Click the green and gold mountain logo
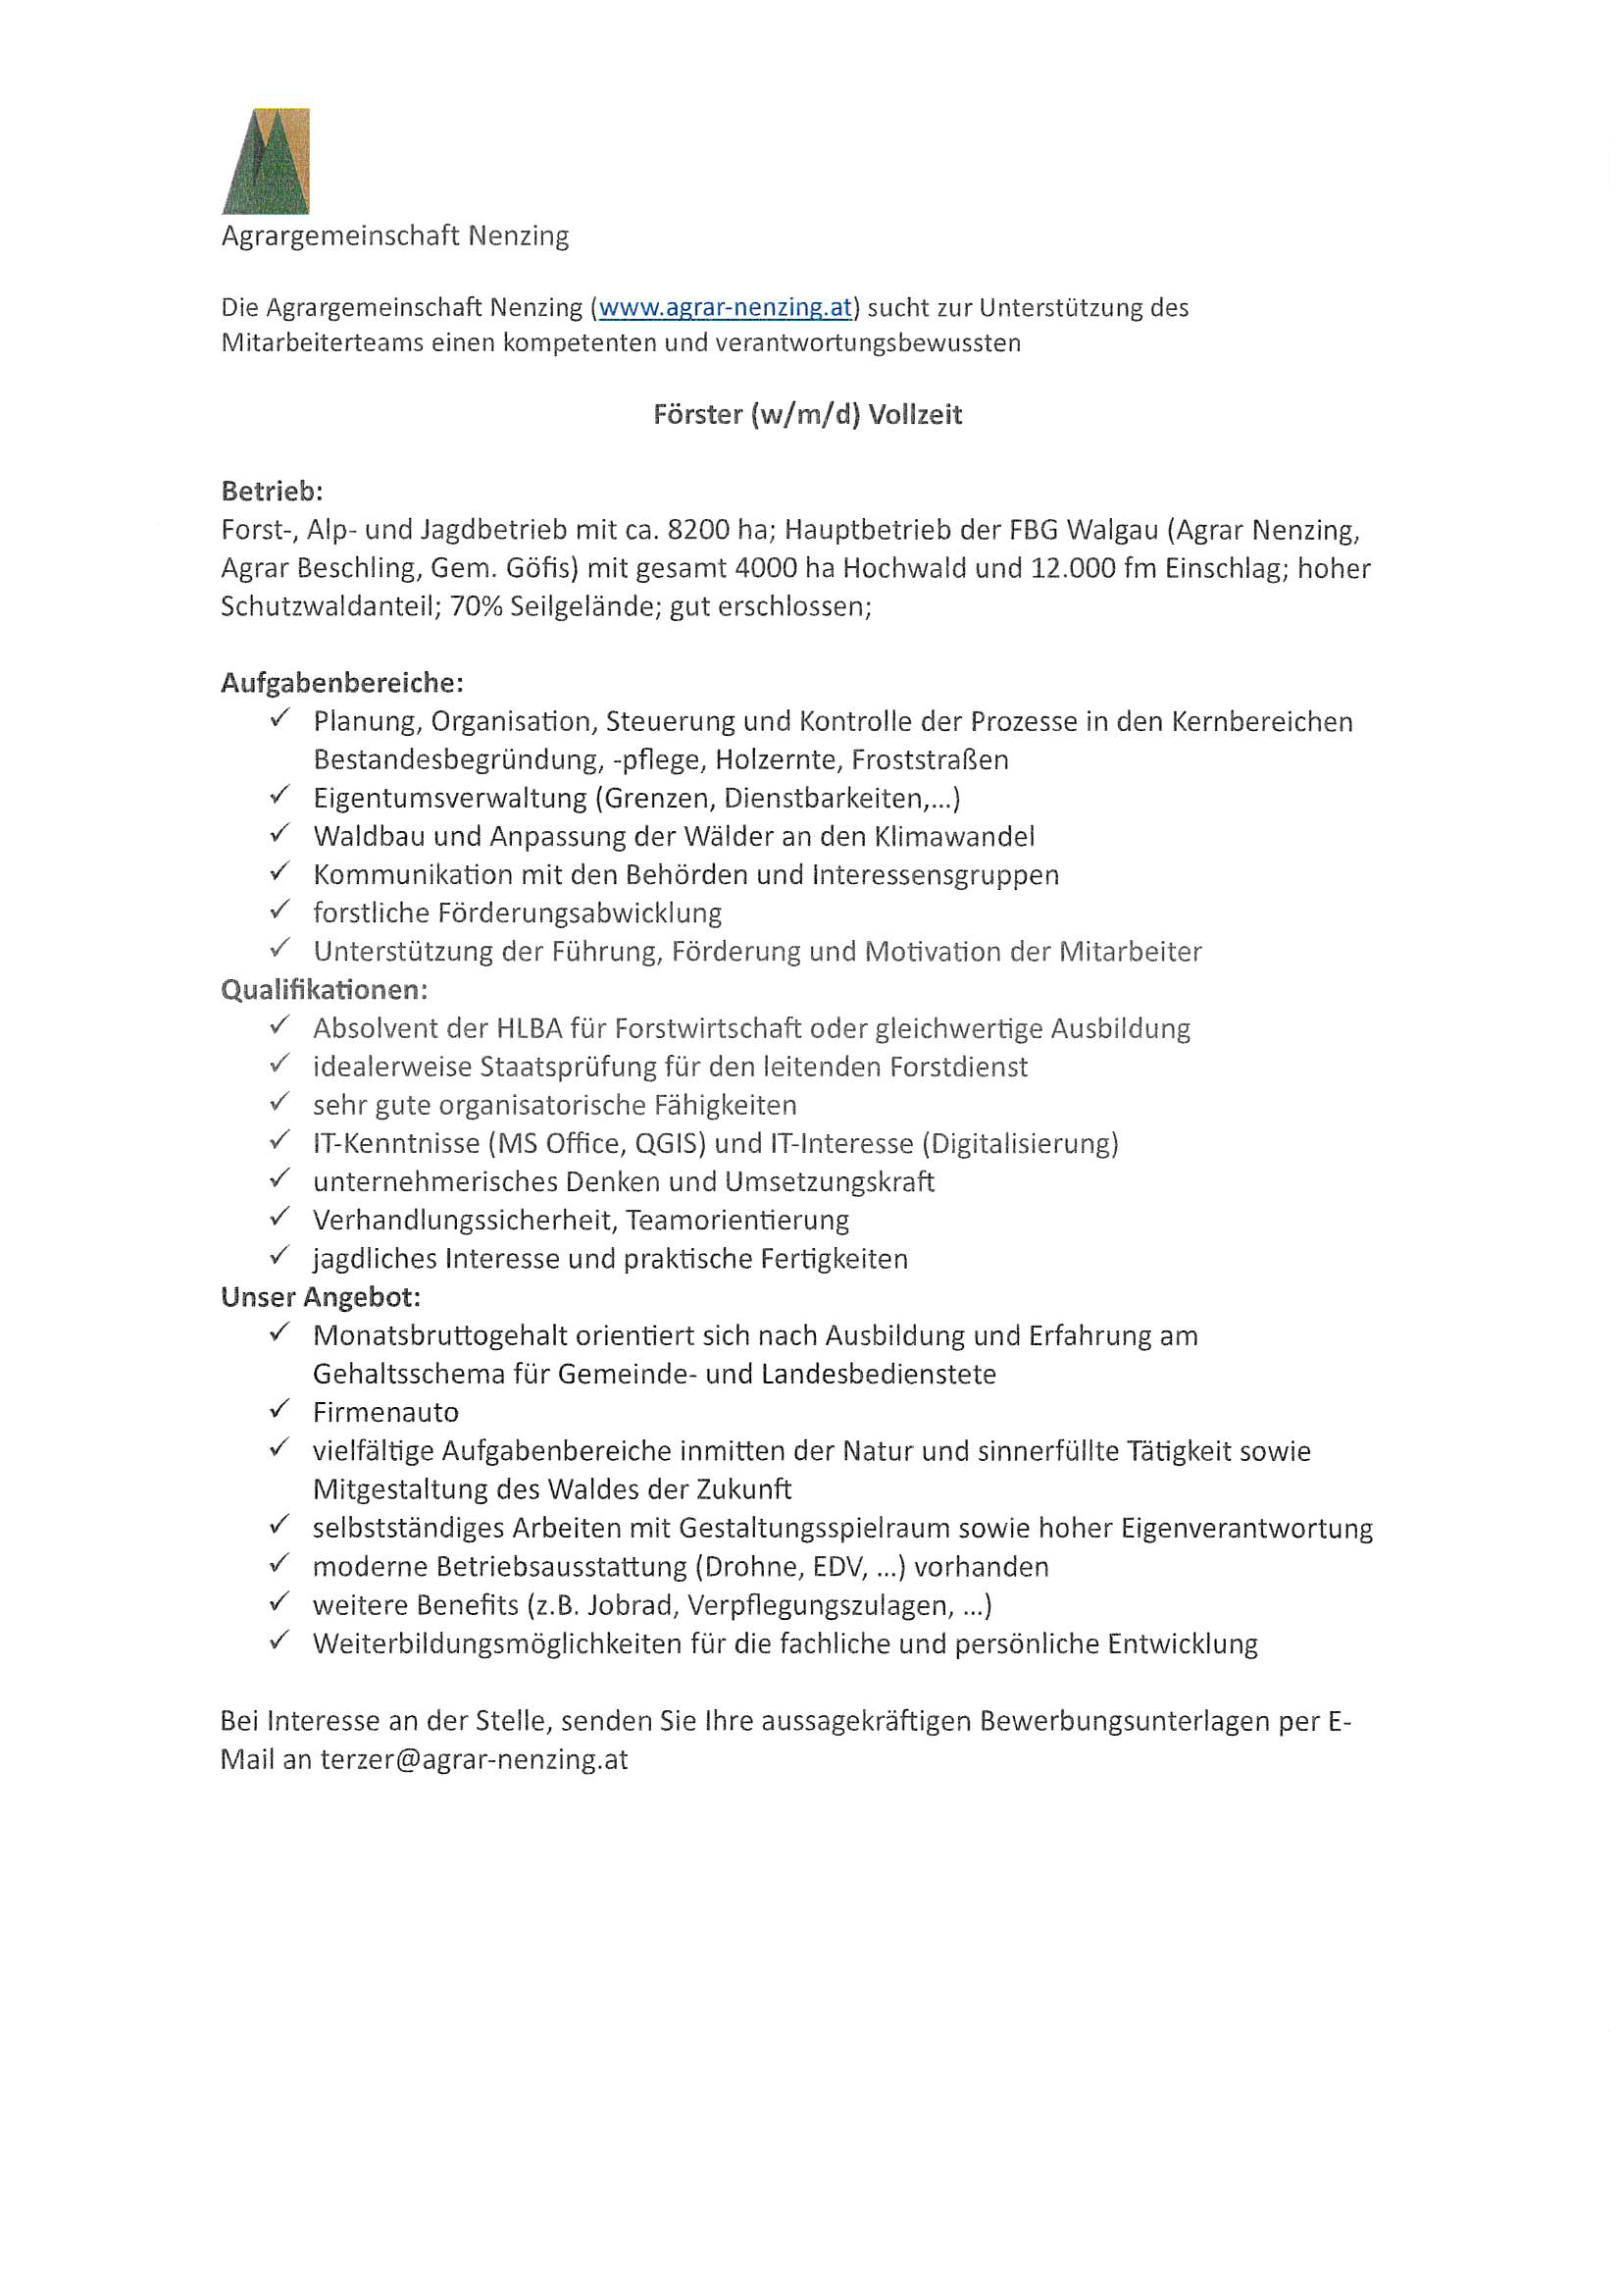click(x=266, y=161)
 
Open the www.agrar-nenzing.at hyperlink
click(x=725, y=307)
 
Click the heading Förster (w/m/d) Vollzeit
click(x=807, y=415)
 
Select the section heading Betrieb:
click(x=272, y=492)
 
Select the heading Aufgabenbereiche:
click(x=341, y=684)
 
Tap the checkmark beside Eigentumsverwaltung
click(x=279, y=797)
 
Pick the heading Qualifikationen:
click(x=324, y=990)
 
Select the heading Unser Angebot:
click(x=321, y=1298)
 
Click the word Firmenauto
click(x=385, y=1413)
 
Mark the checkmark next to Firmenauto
click(x=279, y=1410)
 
